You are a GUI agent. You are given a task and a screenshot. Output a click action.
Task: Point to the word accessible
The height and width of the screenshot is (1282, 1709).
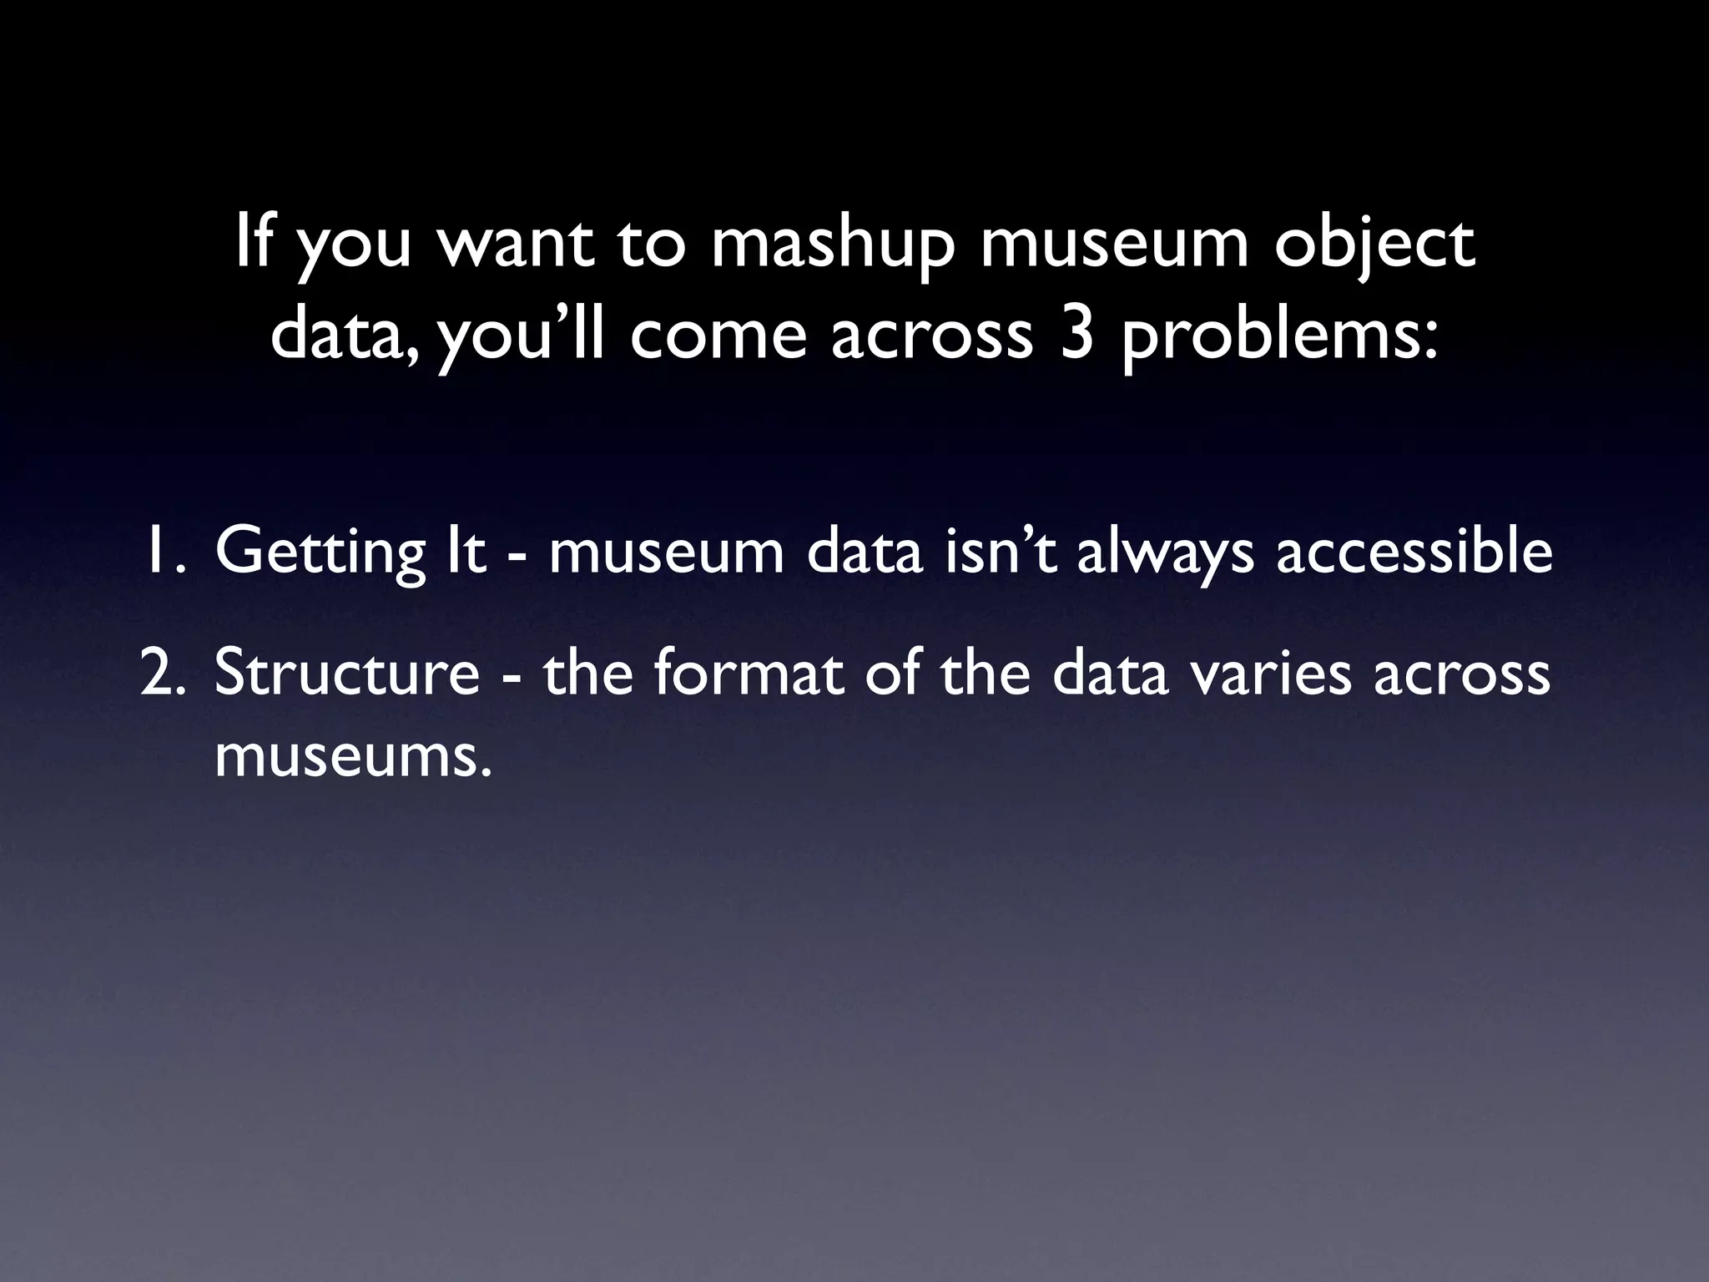[1414, 552]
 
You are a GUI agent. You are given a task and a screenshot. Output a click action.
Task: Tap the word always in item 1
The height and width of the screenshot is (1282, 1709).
[1166, 553]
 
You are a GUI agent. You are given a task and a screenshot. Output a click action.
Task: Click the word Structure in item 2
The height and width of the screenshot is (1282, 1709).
[347, 674]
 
